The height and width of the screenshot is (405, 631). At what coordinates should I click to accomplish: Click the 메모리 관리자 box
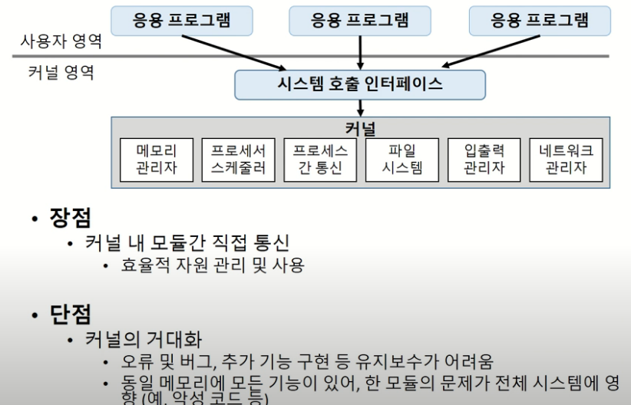(x=157, y=159)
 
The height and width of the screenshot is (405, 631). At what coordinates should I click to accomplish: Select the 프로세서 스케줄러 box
(x=238, y=159)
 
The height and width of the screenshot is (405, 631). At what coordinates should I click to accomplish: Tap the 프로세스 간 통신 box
(x=320, y=159)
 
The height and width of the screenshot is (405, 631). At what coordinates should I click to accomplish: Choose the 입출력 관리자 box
(x=484, y=159)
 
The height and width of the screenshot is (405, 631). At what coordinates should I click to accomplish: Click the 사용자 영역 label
(x=61, y=41)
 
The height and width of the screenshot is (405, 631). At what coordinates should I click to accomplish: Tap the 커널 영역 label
(x=61, y=74)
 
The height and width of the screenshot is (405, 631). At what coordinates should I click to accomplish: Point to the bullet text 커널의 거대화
(x=144, y=339)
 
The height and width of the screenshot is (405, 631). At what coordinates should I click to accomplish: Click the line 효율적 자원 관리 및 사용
(x=213, y=265)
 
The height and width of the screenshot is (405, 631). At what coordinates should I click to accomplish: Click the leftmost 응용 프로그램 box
(x=181, y=21)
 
